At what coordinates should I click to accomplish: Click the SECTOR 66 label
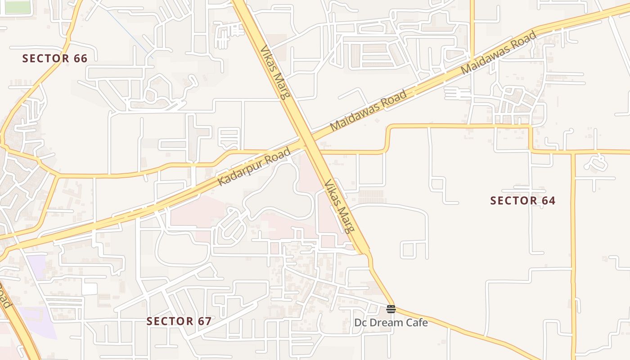(x=54, y=58)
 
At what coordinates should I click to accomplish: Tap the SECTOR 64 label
(x=523, y=201)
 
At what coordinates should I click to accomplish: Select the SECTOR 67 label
(x=179, y=321)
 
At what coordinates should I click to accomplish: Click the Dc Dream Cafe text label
(x=391, y=323)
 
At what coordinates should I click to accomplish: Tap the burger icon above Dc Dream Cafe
(x=391, y=309)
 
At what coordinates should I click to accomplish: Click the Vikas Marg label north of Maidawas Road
(x=275, y=72)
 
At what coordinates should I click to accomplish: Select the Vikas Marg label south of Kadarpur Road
(x=338, y=206)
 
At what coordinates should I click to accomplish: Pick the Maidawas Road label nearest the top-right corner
(x=499, y=53)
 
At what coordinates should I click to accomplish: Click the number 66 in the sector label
(x=79, y=58)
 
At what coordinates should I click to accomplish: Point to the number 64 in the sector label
(x=548, y=201)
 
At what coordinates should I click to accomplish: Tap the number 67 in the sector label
(x=203, y=321)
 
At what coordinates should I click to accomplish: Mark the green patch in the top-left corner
(x=17, y=7)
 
